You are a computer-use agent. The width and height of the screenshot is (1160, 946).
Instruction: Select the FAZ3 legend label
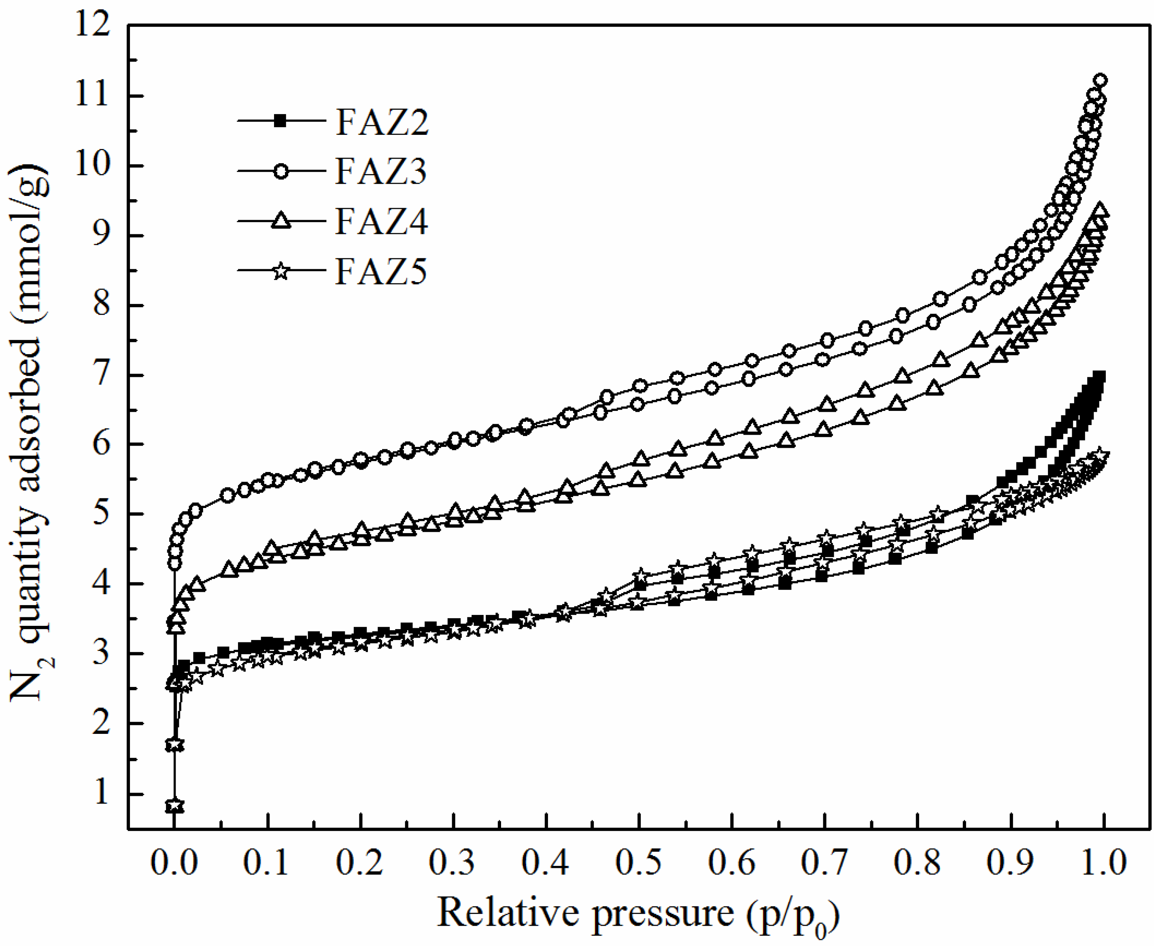click(x=381, y=171)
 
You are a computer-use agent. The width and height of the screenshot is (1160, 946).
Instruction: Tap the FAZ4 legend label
click(x=381, y=221)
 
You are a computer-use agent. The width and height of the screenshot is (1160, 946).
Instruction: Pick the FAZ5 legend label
click(x=381, y=271)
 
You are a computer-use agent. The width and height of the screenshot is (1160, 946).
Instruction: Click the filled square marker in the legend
click(x=280, y=121)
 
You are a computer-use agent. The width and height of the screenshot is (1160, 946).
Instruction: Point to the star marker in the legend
click(x=280, y=271)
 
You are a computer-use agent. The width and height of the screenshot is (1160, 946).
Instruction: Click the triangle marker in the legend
click(x=280, y=221)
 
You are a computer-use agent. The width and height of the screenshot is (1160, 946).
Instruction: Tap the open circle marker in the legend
click(x=280, y=171)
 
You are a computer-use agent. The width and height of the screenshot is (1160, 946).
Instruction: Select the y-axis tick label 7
click(x=101, y=376)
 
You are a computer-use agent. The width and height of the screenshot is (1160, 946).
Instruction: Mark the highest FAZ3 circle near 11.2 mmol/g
click(x=1100, y=81)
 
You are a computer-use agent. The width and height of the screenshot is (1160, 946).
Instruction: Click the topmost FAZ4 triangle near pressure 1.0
click(x=1100, y=210)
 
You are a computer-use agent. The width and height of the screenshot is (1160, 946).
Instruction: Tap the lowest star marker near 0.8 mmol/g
click(x=174, y=806)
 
